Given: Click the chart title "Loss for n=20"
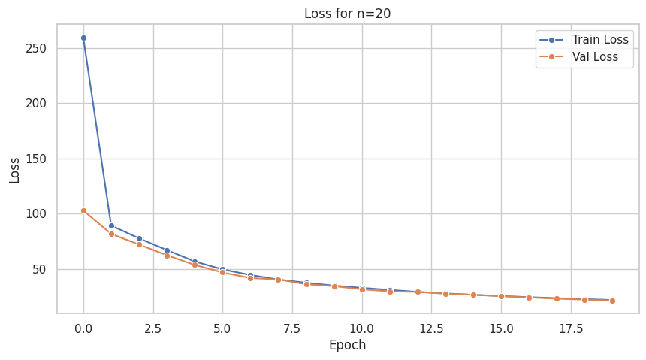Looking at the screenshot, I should click(347, 13).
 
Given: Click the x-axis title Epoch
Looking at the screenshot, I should click(347, 346).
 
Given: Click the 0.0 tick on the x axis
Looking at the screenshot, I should click(83, 328).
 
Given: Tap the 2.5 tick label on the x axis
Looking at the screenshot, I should click(153, 328).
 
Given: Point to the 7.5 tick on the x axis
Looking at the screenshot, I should click(292, 328).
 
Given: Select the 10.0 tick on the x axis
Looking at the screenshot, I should click(362, 328).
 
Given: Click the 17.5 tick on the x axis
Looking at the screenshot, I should click(571, 328).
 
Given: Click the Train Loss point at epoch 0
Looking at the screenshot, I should click(83, 38).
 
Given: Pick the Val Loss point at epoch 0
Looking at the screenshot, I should click(83, 210).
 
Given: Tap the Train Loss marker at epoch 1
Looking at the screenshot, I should click(111, 225).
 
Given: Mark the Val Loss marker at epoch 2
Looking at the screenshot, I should click(139, 244).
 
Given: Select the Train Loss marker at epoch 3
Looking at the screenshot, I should click(167, 250).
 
